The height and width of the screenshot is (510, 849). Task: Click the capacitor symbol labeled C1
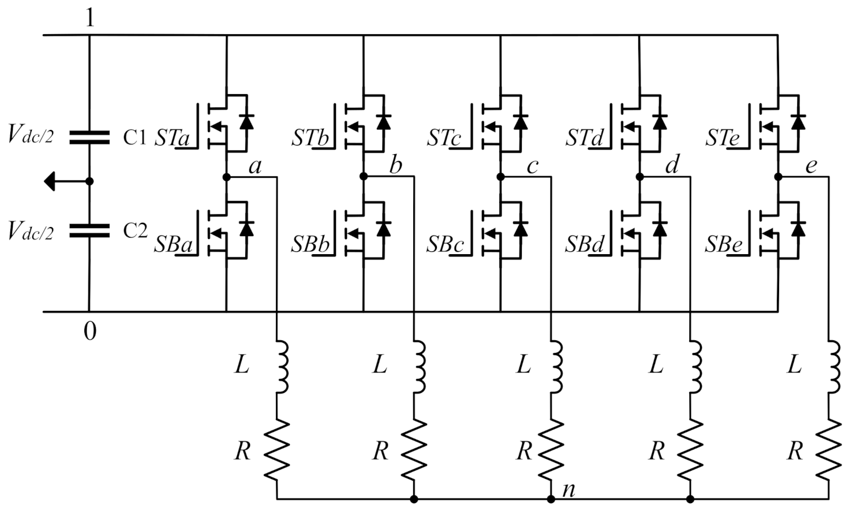pos(89,137)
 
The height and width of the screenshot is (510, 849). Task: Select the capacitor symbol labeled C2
pos(89,231)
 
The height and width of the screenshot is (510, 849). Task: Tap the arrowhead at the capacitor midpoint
pos(50,181)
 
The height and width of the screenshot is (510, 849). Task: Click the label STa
pos(171,139)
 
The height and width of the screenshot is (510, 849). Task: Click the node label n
pos(569,490)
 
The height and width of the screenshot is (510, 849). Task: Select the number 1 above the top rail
pos(89,18)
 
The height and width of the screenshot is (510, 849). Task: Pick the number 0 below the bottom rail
pos(90,332)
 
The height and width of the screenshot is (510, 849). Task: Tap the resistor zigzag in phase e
pos(829,449)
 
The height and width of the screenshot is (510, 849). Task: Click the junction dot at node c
pos(500,177)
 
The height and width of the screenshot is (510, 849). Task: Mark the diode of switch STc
pos(521,122)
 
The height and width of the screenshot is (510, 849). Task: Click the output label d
pos(672,166)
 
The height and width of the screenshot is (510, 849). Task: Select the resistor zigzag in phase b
pos(414,449)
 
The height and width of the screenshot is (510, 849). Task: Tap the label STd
pos(585,139)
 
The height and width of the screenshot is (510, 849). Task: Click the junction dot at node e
pos(778,177)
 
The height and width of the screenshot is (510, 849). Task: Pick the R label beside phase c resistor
pos(523,451)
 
